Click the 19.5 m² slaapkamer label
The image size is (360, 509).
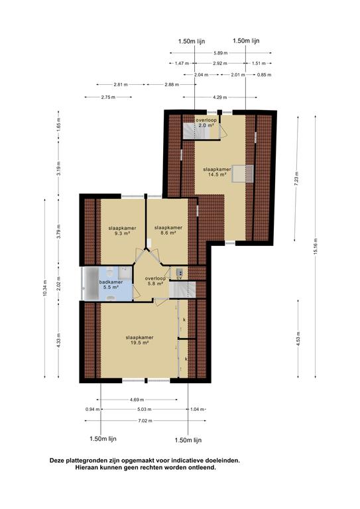click(x=140, y=340)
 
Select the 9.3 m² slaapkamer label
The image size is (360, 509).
click(x=123, y=231)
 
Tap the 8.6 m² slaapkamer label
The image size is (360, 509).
click(x=168, y=230)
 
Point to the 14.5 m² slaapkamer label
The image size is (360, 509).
click(x=217, y=172)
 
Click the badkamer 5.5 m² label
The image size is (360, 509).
click(x=111, y=285)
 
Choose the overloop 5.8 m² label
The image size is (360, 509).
click(x=155, y=281)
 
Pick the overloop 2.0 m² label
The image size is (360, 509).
click(x=206, y=123)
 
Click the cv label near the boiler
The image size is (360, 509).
click(x=179, y=278)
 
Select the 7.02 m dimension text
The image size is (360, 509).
click(x=145, y=421)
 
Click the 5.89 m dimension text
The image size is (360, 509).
click(x=220, y=53)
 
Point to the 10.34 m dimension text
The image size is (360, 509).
click(x=45, y=288)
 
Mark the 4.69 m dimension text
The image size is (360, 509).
click(x=137, y=400)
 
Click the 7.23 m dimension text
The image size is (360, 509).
click(x=296, y=178)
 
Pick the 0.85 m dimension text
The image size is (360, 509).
click(x=265, y=75)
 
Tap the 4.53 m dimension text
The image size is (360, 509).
click(x=298, y=339)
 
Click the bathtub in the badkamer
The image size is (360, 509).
click(x=91, y=284)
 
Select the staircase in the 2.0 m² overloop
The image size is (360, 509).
click(x=188, y=131)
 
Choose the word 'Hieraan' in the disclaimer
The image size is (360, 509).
click(x=87, y=468)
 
